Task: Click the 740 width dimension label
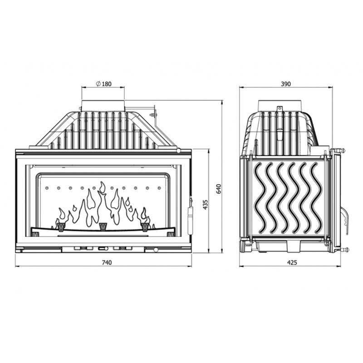[107, 262]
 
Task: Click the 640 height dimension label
[219, 189]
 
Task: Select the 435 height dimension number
[206, 205]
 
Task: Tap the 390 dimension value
[286, 84]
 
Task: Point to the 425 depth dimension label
[292, 262]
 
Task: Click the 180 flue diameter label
[107, 84]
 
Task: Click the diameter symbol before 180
[98, 83]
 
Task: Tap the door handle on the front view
[190, 216]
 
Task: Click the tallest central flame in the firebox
[102, 204]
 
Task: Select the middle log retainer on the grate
[103, 226]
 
